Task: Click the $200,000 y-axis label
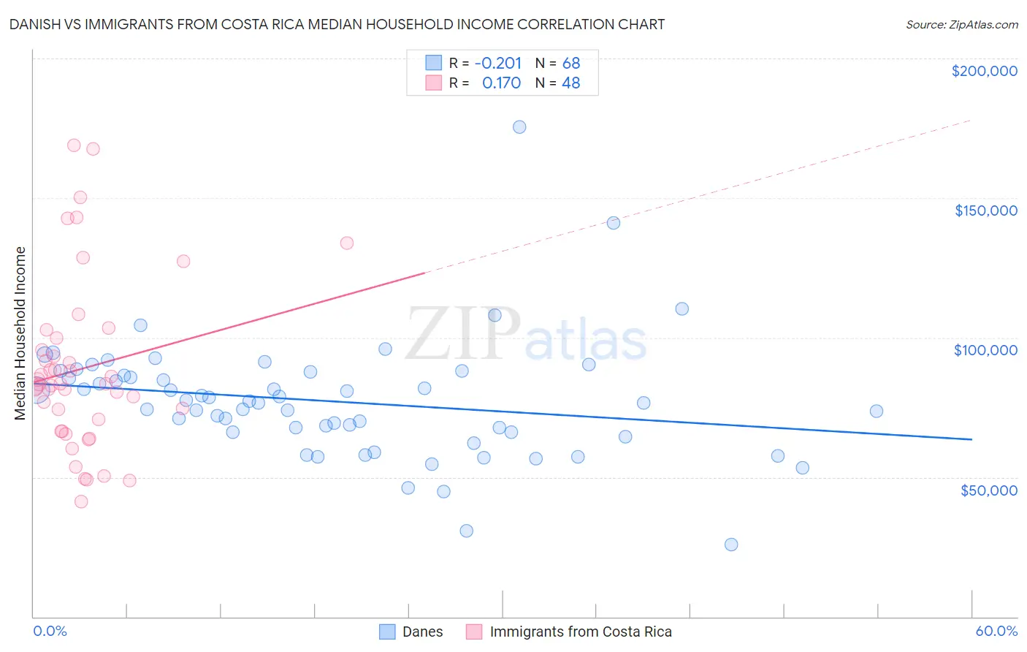click(x=984, y=71)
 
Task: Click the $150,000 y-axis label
click(x=985, y=211)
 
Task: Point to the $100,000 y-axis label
click(x=985, y=350)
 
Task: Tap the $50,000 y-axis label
click(x=988, y=490)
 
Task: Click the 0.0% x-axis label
click(x=50, y=631)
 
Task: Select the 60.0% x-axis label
click(x=996, y=631)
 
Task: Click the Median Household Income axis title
click(x=20, y=333)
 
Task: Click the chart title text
click(x=337, y=24)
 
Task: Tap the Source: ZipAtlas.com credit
click(x=961, y=25)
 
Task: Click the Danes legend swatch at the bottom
click(x=387, y=632)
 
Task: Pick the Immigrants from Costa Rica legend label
click(x=580, y=632)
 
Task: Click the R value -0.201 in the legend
click(x=498, y=63)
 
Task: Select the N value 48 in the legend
click(x=570, y=83)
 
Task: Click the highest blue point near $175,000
click(x=519, y=127)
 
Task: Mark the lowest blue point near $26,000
click(x=731, y=545)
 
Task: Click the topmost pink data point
click(x=74, y=145)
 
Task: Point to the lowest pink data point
click(x=81, y=501)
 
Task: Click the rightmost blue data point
click(x=877, y=411)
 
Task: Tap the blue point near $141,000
click(x=614, y=223)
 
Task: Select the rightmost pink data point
click(x=347, y=243)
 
